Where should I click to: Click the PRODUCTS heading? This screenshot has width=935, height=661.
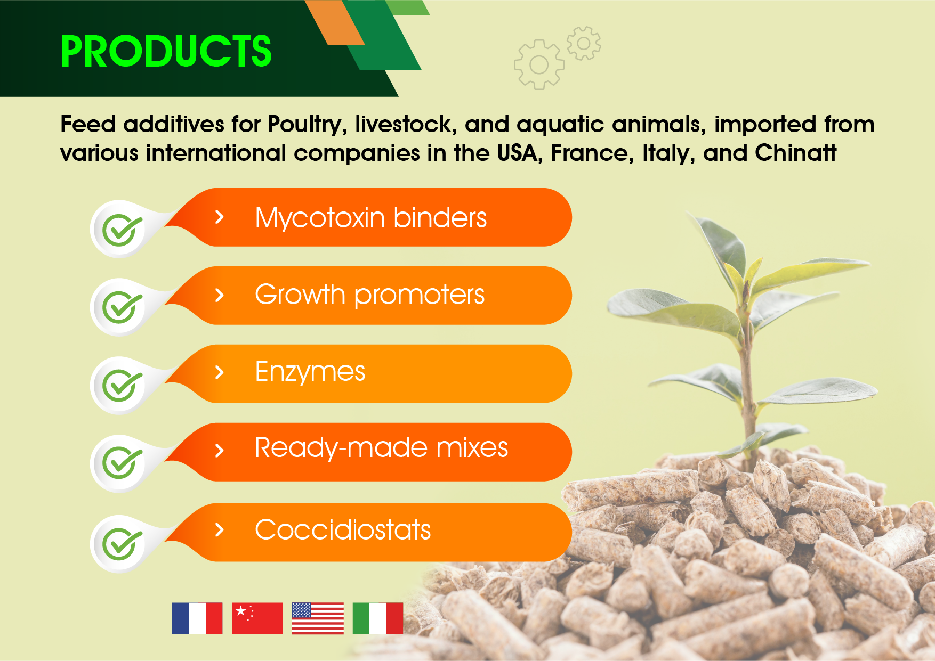click(166, 51)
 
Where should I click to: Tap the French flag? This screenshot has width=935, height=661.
click(197, 618)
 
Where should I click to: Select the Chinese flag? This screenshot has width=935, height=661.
click(257, 618)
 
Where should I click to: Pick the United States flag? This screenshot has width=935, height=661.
click(318, 618)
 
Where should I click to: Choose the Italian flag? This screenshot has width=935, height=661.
click(378, 618)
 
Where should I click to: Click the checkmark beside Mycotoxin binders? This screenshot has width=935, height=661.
click(122, 230)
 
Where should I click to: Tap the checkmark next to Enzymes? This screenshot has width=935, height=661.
click(122, 385)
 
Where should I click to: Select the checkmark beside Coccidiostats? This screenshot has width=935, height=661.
click(122, 544)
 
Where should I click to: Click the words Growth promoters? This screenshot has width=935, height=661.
click(370, 295)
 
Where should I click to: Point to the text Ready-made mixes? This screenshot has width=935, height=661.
click(382, 447)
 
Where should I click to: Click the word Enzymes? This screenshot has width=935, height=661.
click(310, 371)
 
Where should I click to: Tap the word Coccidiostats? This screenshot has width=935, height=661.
click(343, 529)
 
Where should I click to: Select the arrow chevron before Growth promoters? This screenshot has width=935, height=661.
click(219, 295)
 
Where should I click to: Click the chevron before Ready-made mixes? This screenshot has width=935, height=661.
click(219, 451)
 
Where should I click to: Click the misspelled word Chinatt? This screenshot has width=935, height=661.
click(796, 153)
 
